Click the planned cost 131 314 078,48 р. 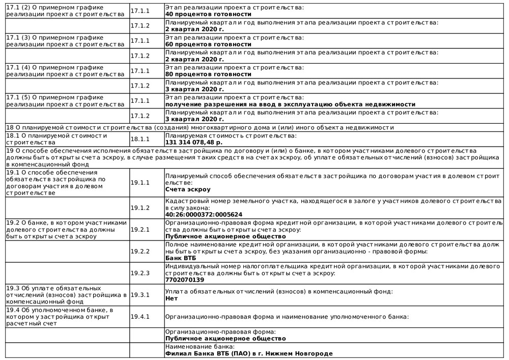194,143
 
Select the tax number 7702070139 185,280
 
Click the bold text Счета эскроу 188,189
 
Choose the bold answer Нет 172,298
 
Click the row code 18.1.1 140,139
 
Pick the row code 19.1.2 140,208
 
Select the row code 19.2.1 140,230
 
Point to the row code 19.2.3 140,273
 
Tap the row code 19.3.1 140,295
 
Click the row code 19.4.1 140,317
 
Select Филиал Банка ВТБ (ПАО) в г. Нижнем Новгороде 249,353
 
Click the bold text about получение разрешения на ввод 290,104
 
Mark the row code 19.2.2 140,252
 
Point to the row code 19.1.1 140,182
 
